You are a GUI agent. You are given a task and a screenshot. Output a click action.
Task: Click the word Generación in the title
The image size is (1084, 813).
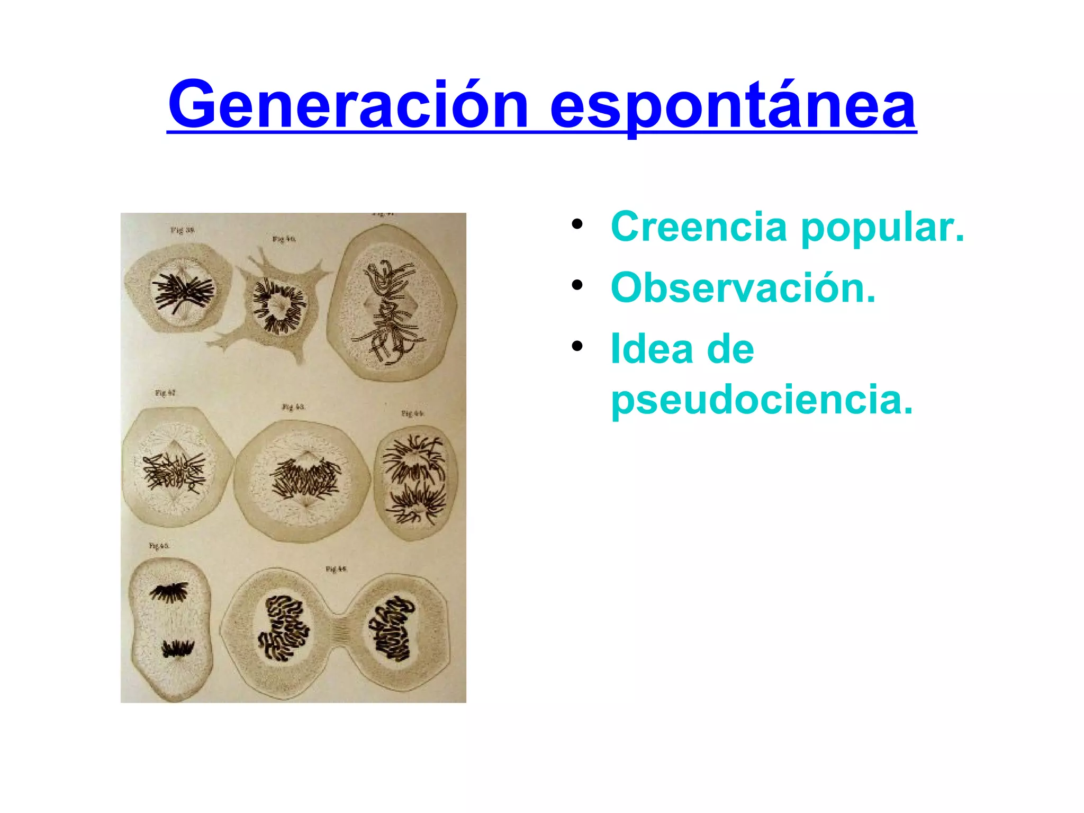(x=348, y=105)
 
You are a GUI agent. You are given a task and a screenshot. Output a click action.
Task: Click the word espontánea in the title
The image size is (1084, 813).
(x=733, y=106)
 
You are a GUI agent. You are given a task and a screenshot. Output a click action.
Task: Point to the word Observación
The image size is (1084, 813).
(x=743, y=288)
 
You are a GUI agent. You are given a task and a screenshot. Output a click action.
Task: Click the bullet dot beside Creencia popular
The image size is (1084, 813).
(x=576, y=224)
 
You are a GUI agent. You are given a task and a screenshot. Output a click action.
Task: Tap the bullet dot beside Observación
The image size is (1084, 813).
(x=576, y=285)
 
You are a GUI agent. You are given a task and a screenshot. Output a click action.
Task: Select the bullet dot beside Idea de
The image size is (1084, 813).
(x=576, y=347)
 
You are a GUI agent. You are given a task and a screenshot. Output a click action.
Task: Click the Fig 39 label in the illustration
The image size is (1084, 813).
(x=182, y=230)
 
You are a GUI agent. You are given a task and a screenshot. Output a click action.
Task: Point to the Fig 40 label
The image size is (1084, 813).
(x=284, y=239)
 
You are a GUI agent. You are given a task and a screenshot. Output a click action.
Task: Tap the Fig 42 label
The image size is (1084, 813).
(x=165, y=393)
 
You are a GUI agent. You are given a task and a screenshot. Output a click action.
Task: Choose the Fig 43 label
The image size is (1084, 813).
(x=293, y=407)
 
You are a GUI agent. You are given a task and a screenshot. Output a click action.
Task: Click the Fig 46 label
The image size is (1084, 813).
(x=336, y=569)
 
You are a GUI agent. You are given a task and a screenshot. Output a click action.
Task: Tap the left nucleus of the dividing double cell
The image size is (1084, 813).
(x=283, y=628)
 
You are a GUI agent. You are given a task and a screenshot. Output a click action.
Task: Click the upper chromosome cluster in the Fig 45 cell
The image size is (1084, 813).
(x=170, y=592)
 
